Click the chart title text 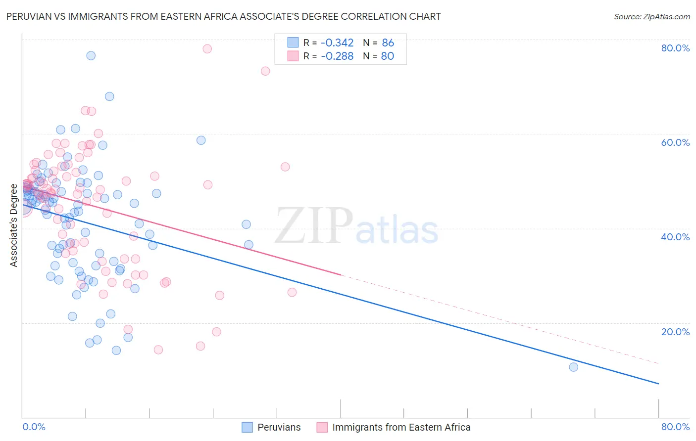(x=223, y=16)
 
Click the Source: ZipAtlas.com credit (x=651, y=16)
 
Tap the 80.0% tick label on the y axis (x=675, y=48)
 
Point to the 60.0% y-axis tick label (x=675, y=142)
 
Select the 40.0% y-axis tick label (x=675, y=237)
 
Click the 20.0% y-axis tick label (x=675, y=332)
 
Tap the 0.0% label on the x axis (x=34, y=427)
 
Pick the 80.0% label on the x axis (x=675, y=427)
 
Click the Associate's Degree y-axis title (x=14, y=225)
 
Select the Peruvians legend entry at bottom (x=279, y=427)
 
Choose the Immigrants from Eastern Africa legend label (x=401, y=427)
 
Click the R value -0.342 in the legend (x=337, y=43)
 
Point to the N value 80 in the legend (x=387, y=56)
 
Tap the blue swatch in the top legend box (x=293, y=43)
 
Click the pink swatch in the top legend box (x=293, y=56)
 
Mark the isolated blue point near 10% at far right (x=573, y=367)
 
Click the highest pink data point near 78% (x=207, y=48)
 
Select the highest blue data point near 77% (x=91, y=55)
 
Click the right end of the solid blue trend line (x=658, y=384)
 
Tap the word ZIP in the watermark (x=314, y=226)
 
